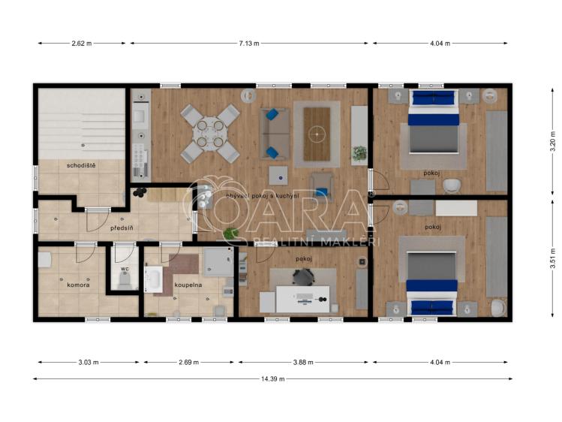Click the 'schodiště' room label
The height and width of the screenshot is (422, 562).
(81, 165)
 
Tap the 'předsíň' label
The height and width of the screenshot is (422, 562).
(122, 226)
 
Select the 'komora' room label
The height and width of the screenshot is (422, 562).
(78, 285)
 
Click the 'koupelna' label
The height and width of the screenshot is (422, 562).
(189, 285)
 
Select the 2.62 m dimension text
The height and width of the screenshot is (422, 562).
(82, 44)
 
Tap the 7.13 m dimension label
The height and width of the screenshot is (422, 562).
(249, 44)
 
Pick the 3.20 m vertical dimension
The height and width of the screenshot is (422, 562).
(552, 141)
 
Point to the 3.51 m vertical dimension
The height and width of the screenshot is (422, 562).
(552, 259)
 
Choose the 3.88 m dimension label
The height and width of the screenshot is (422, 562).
(304, 362)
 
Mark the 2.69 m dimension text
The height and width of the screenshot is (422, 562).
(188, 362)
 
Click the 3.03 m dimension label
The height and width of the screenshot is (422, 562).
(88, 362)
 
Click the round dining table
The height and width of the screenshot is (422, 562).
(209, 134)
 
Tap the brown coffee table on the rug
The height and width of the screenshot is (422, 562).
(317, 134)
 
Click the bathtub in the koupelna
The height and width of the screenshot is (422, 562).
(153, 281)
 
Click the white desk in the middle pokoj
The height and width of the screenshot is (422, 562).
(303, 299)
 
